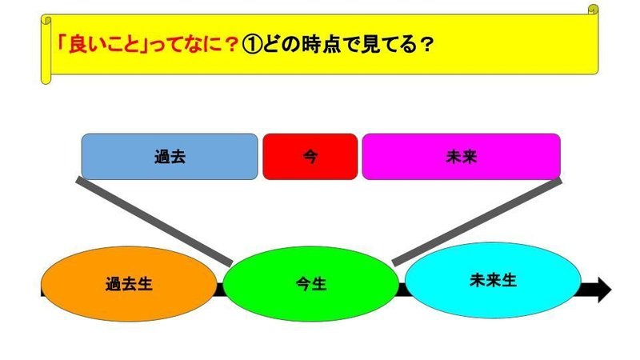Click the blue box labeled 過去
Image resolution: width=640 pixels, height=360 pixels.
[170, 157]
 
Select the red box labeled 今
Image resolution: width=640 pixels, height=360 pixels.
[310, 157]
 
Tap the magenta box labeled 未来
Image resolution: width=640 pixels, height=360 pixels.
[462, 157]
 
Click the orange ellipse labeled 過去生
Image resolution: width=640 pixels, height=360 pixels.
[129, 284]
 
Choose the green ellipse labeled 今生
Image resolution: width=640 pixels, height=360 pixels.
[311, 284]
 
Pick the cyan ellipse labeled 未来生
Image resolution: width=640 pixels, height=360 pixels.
[493, 281]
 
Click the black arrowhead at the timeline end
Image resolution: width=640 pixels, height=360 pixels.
[605, 290]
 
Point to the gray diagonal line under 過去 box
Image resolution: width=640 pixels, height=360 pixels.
[154, 222]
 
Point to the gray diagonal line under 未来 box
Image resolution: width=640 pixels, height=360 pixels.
[477, 222]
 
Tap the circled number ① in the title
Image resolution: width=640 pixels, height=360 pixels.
[251, 45]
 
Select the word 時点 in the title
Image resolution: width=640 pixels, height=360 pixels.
[322, 44]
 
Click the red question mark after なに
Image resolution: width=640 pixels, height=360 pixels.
[231, 45]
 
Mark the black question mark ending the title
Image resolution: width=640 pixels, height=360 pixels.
[426, 45]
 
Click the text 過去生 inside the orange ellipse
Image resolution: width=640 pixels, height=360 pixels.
[129, 284]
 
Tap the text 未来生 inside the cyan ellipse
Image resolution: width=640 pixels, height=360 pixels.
[493, 281]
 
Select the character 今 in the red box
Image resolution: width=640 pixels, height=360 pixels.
[310, 157]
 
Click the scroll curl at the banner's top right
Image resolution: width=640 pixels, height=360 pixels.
[593, 10]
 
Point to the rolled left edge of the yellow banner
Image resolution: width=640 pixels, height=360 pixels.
[46, 50]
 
